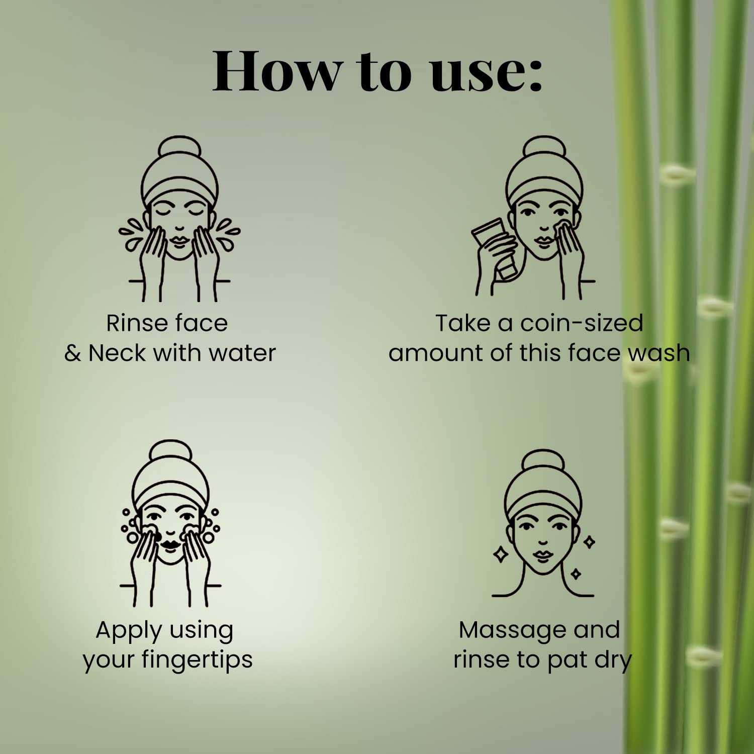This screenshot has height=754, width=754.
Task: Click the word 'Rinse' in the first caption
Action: pyautogui.click(x=132, y=323)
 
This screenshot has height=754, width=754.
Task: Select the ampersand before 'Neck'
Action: pyautogui.click(x=72, y=353)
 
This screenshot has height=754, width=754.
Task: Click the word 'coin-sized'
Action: pyautogui.click(x=582, y=323)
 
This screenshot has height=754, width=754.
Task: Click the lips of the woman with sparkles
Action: pyautogui.click(x=543, y=556)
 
